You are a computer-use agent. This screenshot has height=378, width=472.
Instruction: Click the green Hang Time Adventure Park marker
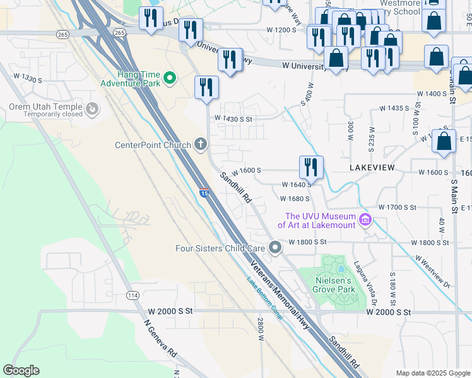pos(169,78)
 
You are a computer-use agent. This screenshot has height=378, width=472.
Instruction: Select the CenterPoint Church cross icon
pos(201,145)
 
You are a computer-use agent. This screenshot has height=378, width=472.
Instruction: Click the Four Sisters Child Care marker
pos(274,248)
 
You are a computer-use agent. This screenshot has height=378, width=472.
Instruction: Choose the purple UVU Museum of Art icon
pos(365,220)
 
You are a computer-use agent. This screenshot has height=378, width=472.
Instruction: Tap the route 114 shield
pos(133,295)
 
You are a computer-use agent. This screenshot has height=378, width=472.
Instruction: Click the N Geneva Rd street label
pos(161,339)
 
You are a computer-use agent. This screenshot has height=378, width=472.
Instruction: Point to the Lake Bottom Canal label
pos(264,299)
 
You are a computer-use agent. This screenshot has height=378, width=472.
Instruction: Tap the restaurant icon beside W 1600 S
pos(310,167)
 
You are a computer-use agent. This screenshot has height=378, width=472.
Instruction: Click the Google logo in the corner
pos(21,370)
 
